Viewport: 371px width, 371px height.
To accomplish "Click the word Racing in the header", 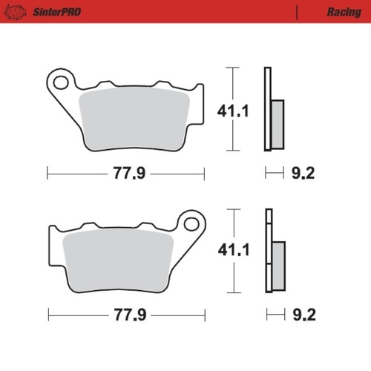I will [344, 12].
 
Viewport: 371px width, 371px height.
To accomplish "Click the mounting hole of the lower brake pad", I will [191, 223].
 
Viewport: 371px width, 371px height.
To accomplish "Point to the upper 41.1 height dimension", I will [232, 111].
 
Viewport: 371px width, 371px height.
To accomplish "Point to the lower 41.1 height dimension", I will [232, 252].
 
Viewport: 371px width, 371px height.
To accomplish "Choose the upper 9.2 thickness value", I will [303, 174].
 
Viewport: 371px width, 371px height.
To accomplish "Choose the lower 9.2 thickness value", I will [303, 315].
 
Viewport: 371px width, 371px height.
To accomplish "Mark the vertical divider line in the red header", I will [298, 12].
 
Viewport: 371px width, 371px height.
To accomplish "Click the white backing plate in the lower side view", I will [269, 252].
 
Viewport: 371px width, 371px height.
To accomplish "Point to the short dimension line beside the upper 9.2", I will [275, 174].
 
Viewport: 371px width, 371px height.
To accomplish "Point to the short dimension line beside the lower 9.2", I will [275, 315].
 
